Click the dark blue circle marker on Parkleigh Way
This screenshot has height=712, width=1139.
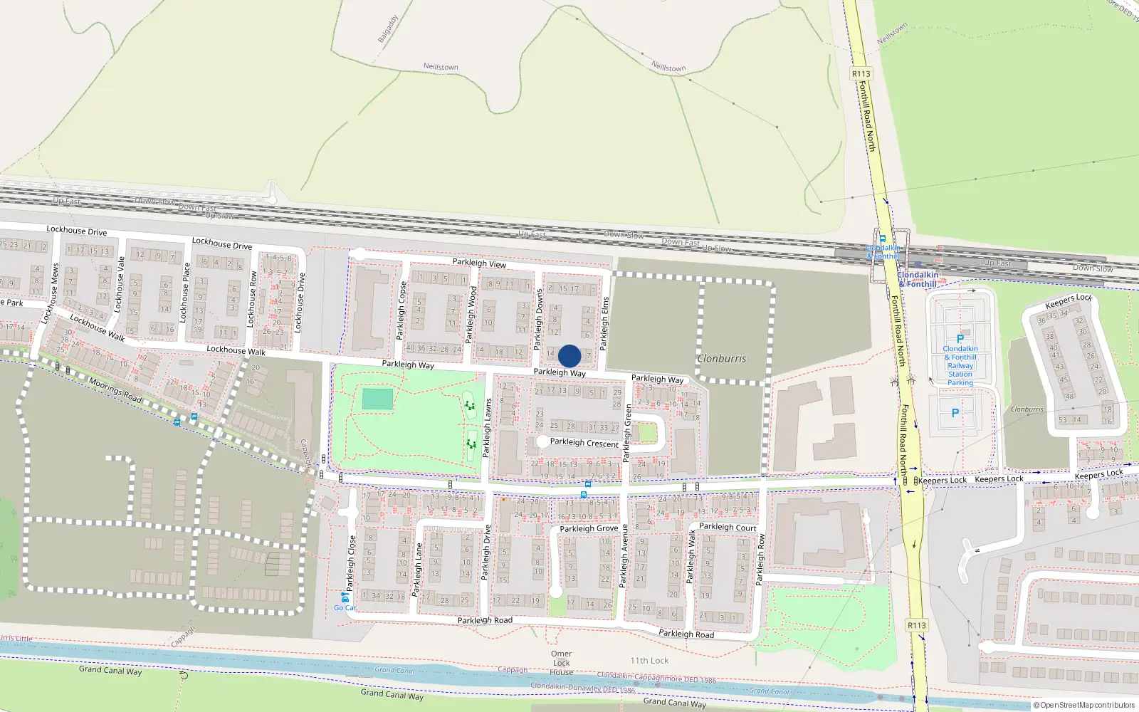(569, 356)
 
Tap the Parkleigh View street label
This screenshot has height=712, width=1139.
(479, 263)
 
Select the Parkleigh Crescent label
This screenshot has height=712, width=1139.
(584, 442)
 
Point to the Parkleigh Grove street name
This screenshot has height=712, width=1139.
(589, 528)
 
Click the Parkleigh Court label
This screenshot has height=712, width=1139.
(728, 527)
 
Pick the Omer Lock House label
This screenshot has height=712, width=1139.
(561, 662)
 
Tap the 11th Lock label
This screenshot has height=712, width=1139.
(649, 661)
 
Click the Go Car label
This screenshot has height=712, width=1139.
(345, 607)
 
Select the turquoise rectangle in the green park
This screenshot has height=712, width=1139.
(377, 399)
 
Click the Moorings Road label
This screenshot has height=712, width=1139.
(115, 389)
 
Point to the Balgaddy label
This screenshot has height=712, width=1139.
(388, 29)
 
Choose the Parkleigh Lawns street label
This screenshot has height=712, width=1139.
(488, 427)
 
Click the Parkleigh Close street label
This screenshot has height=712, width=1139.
(350, 562)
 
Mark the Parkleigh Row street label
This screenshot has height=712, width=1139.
(760, 559)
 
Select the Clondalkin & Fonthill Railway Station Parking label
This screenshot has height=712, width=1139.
(960, 365)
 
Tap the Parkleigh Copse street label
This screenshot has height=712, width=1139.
(401, 311)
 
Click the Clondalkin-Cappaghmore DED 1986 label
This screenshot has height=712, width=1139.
(656, 677)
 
